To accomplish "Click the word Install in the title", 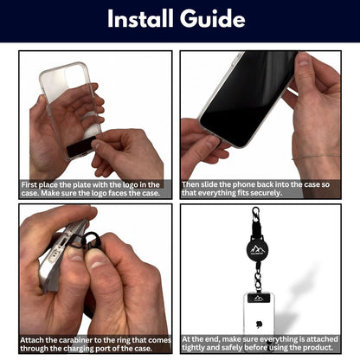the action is [141, 18].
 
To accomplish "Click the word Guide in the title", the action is [213, 18].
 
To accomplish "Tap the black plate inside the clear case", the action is [81, 147].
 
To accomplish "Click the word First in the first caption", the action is [29, 184].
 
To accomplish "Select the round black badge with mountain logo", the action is [258, 249].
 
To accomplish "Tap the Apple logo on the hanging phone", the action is [259, 324].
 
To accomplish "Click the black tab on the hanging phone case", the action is [259, 299].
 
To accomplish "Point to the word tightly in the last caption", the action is [193, 348].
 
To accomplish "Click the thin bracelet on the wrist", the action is [316, 157].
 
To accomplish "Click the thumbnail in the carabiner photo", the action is [98, 261].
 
